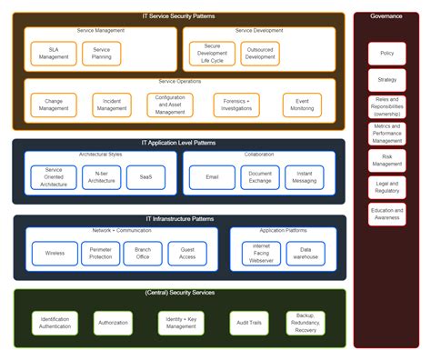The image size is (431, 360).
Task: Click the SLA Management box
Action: click(x=54, y=54)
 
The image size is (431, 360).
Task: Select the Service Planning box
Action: click(x=101, y=54)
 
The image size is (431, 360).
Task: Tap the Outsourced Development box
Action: click(x=260, y=54)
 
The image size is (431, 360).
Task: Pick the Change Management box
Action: click(x=54, y=105)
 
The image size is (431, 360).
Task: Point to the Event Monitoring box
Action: click(x=302, y=105)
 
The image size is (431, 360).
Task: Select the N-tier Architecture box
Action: click(x=101, y=177)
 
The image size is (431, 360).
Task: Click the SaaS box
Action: click(x=145, y=177)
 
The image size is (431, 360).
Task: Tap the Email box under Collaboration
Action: click(x=212, y=177)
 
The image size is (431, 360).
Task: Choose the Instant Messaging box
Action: click(x=304, y=177)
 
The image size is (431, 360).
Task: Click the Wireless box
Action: click(x=55, y=253)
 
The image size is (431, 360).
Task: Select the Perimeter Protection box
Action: click(x=100, y=253)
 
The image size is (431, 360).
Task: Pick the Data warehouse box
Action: click(x=306, y=253)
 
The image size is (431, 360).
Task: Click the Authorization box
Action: click(x=113, y=323)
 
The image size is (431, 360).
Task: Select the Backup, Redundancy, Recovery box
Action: click(x=306, y=323)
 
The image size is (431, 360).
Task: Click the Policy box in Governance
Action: click(x=387, y=54)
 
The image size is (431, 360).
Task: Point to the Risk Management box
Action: click(x=387, y=161)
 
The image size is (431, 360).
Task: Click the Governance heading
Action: click(x=386, y=16)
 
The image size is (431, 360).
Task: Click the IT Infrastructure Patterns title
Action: click(x=179, y=219)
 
